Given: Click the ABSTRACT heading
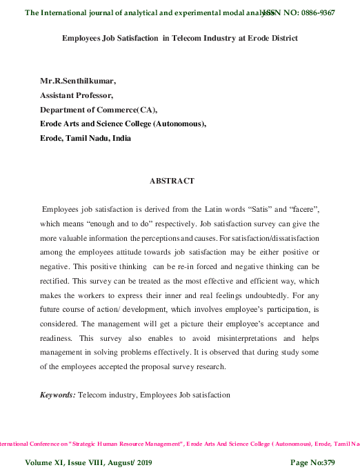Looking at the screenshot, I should point(172,181).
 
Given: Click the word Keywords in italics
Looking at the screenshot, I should point(57,394).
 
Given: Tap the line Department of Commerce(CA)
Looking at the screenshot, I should point(99,110).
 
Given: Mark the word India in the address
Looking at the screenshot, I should point(120,138).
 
